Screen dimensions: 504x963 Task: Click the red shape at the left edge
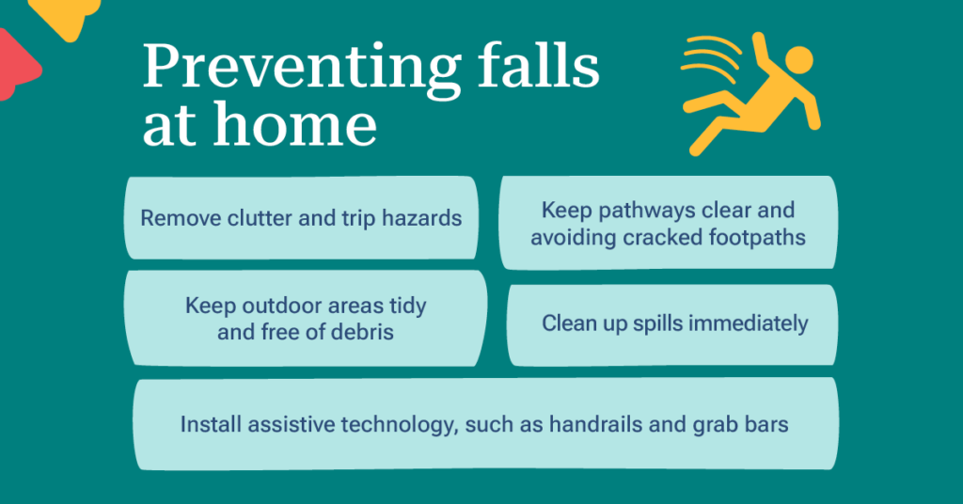click(x=16, y=65)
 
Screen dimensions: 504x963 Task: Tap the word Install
click(x=210, y=424)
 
